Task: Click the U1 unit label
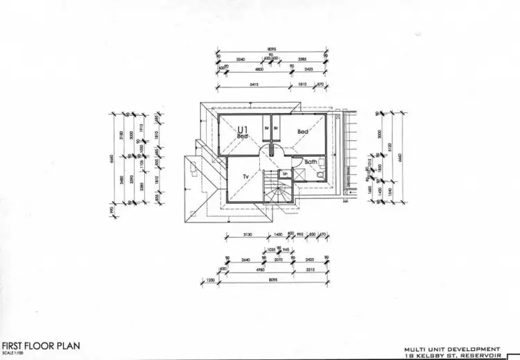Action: [x=242, y=129]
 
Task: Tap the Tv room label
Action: [x=245, y=177]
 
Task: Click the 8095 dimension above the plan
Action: [x=272, y=49]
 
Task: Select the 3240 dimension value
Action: [x=241, y=60]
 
